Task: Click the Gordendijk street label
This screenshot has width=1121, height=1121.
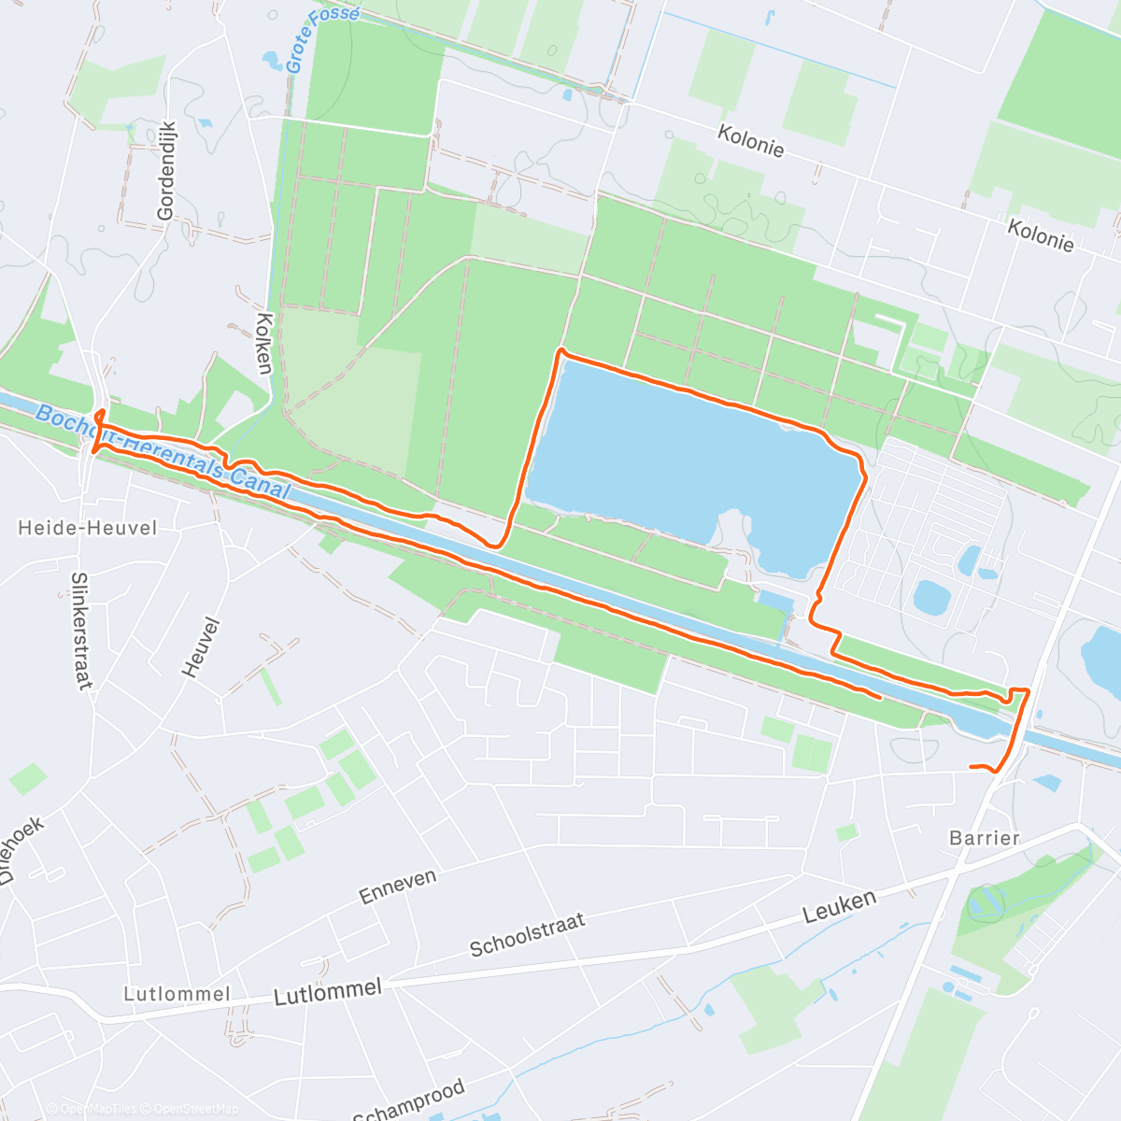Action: (x=166, y=171)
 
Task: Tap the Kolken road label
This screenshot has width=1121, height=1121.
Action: (x=263, y=343)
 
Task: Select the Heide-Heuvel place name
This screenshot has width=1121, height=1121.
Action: (x=88, y=528)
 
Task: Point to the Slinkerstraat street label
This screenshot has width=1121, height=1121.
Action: (x=81, y=631)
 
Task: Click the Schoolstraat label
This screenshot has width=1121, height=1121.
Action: (x=527, y=934)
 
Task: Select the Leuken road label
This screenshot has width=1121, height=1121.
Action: (x=841, y=906)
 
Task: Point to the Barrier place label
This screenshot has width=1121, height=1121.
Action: (x=985, y=838)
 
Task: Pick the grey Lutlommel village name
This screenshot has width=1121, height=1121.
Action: (x=177, y=994)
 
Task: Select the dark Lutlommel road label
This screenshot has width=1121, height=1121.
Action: (x=328, y=992)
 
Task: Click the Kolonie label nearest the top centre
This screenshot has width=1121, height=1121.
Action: (x=750, y=141)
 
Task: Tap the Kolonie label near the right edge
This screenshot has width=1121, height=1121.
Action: (x=1041, y=234)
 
